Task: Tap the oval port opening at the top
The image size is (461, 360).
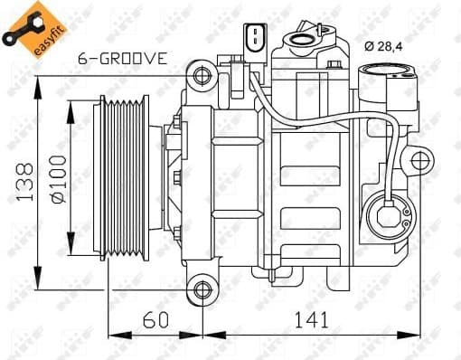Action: (x=298, y=39)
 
